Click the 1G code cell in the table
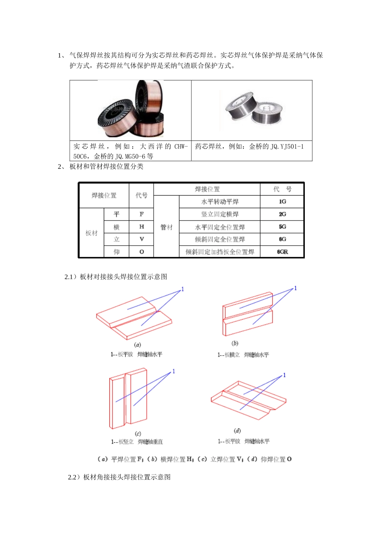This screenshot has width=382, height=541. [x=282, y=202]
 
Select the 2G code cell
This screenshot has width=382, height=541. [x=282, y=214]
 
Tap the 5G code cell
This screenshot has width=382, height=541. [x=282, y=227]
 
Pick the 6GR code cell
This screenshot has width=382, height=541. [x=282, y=252]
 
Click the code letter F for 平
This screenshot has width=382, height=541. [x=142, y=214]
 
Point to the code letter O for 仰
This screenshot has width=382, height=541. [x=142, y=252]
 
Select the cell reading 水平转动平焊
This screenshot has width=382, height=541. [x=220, y=202]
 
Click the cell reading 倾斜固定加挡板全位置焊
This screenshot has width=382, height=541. [x=220, y=252]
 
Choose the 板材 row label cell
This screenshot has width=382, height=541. [x=92, y=233]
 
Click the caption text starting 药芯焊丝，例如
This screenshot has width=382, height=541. [x=249, y=147]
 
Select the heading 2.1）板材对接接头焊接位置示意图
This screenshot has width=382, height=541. [x=116, y=277]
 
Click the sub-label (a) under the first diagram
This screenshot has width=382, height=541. [x=138, y=345]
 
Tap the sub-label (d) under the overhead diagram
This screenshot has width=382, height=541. [x=237, y=431]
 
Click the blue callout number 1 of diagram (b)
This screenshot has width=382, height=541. [x=296, y=288]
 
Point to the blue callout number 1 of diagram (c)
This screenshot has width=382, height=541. [x=174, y=371]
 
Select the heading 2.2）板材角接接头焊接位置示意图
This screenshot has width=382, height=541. [x=119, y=477]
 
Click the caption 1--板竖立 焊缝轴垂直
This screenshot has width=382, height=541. [x=137, y=442]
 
